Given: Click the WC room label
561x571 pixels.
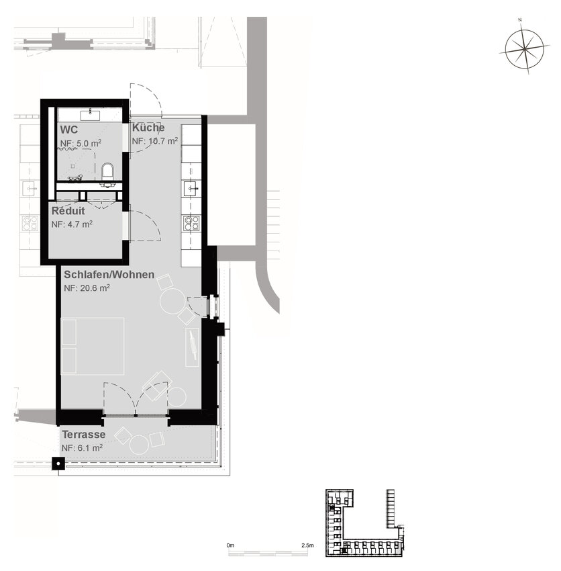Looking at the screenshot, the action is click(68, 130).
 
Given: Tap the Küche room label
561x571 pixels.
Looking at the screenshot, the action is click(148, 128).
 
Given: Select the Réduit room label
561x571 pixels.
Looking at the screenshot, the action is click(68, 211).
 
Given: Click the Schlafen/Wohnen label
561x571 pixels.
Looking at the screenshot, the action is click(109, 275).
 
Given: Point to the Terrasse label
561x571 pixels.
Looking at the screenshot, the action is click(84, 435).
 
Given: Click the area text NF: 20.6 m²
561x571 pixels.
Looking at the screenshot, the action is click(87, 288).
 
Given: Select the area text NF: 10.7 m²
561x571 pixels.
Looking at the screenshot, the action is click(155, 140).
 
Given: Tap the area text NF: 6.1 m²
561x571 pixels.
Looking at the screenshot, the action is click(83, 447).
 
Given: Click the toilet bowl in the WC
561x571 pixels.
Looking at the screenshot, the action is click(107, 171).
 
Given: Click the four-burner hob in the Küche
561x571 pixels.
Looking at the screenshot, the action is click(191, 223).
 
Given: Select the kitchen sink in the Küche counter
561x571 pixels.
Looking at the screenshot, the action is click(191, 189).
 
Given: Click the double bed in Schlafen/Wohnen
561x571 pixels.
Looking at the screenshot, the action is click(93, 347).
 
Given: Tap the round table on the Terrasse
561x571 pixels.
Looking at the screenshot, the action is click(140, 445).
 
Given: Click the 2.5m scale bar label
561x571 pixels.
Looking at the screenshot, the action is click(307, 545).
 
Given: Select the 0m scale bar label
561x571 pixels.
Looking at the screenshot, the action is click(230, 545).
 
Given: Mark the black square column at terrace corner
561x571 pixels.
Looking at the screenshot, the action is click(58, 464).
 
